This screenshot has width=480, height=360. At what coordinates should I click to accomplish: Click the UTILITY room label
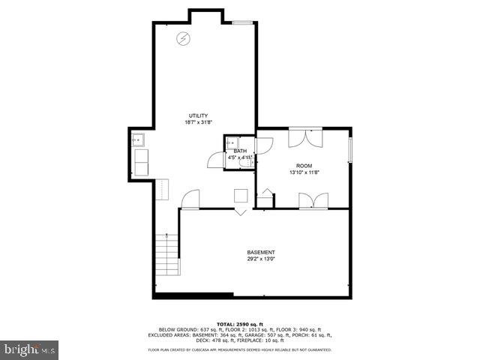[x=198, y=115]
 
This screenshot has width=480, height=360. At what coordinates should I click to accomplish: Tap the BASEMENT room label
[x=261, y=252]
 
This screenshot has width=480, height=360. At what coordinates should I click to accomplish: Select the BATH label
[x=240, y=151]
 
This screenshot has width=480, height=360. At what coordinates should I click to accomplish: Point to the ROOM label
[x=304, y=166]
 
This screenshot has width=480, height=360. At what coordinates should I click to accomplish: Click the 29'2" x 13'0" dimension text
[x=261, y=259]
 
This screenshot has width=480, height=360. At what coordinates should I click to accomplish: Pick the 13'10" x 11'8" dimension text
[x=304, y=172]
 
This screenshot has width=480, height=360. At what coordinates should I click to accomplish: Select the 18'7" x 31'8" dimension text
[x=198, y=122]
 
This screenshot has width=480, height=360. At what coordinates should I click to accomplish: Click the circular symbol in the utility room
[x=182, y=40]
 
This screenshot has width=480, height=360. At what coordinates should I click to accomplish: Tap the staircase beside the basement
[x=168, y=255]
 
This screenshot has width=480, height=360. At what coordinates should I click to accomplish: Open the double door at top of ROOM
[x=305, y=137]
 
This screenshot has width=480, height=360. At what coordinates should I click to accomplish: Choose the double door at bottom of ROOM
[x=313, y=200]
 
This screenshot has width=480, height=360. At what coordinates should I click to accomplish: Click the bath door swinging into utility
[x=217, y=159]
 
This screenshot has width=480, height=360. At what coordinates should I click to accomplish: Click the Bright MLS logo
[x=31, y=349]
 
